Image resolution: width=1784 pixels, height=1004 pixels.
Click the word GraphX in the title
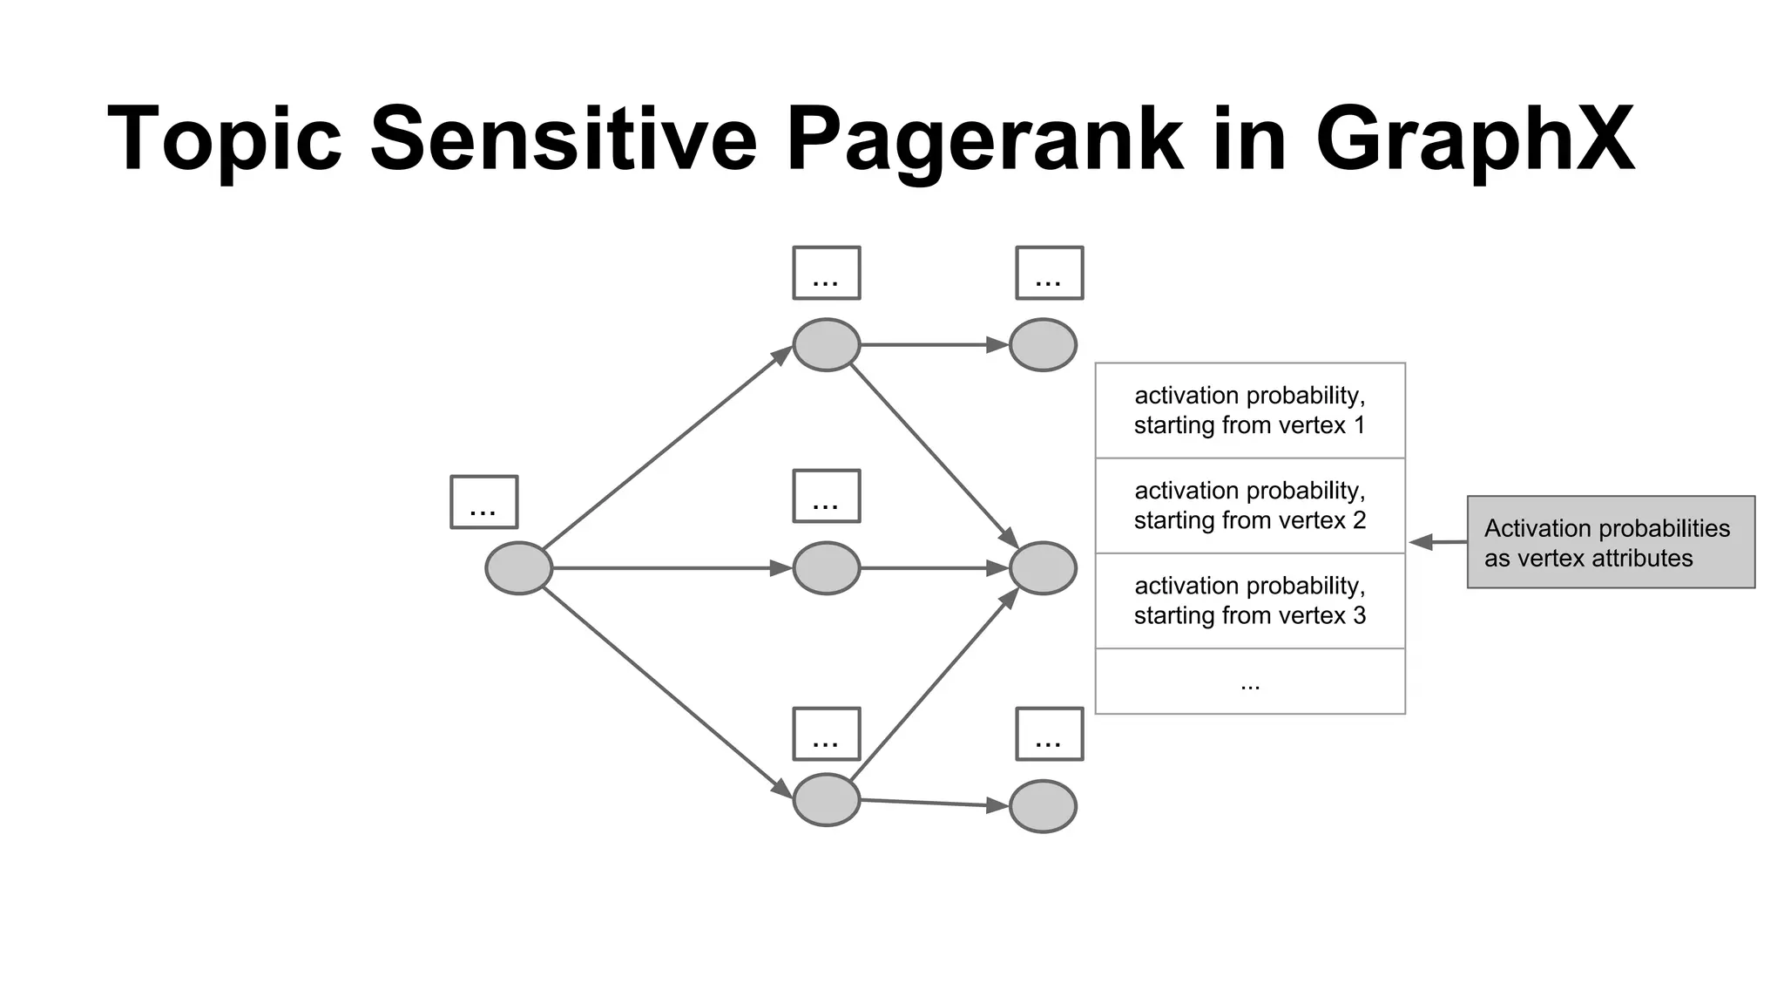point(1474,139)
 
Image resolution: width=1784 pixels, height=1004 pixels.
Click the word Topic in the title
point(225,139)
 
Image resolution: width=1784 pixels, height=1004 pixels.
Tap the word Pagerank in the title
point(984,139)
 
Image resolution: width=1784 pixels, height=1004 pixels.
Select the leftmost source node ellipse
point(518,568)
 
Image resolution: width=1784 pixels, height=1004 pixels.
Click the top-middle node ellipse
point(826,345)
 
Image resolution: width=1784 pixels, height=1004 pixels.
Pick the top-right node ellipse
point(1043,345)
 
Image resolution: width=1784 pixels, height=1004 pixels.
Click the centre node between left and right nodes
point(826,568)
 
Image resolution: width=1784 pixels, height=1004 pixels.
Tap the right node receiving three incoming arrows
point(1043,568)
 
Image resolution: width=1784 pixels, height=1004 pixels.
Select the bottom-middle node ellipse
point(826,799)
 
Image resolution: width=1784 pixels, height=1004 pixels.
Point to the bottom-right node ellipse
point(1043,806)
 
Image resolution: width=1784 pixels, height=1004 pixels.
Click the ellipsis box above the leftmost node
point(484,502)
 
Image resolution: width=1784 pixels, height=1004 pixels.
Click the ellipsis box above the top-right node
point(1050,273)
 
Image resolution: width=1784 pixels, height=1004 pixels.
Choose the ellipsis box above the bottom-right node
point(1050,734)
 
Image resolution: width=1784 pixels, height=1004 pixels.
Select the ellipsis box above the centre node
point(826,496)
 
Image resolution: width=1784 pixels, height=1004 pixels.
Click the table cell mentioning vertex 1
point(1250,410)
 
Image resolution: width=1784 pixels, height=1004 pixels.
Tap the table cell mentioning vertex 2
point(1250,505)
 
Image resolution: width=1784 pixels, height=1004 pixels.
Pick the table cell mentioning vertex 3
point(1250,600)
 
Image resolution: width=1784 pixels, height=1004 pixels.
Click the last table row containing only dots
point(1250,682)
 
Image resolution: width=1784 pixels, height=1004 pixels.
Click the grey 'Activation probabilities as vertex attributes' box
point(1611,542)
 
